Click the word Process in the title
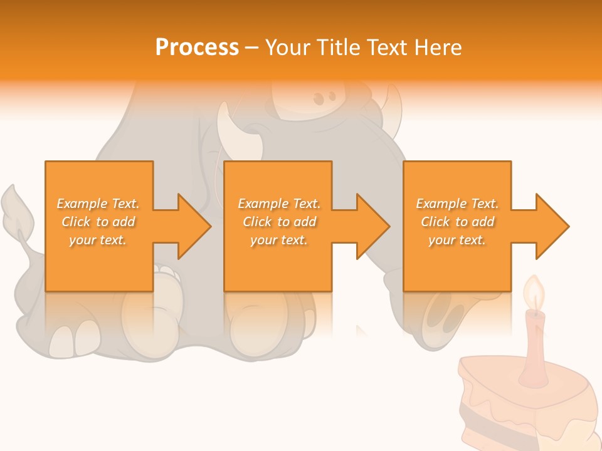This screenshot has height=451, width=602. click(197, 48)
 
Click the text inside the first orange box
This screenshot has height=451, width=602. click(98, 222)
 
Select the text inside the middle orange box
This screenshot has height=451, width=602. click(278, 222)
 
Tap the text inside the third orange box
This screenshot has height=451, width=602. click(457, 222)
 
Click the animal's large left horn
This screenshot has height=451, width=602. click(238, 132)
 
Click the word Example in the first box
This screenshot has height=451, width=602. click(82, 204)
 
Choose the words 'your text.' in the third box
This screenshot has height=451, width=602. click(457, 240)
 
